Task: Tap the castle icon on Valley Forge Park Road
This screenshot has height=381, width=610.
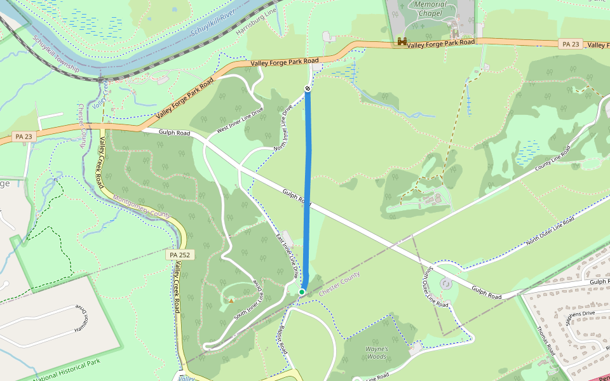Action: click(x=402, y=42)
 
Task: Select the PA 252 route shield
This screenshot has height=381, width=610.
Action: click(x=180, y=255)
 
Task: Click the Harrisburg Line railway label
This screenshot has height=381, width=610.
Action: click(x=257, y=23)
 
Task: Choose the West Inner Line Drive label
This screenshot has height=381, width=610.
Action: click(x=240, y=120)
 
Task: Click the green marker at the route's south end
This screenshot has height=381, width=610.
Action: click(x=302, y=291)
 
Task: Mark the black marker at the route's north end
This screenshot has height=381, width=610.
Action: click(x=308, y=88)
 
